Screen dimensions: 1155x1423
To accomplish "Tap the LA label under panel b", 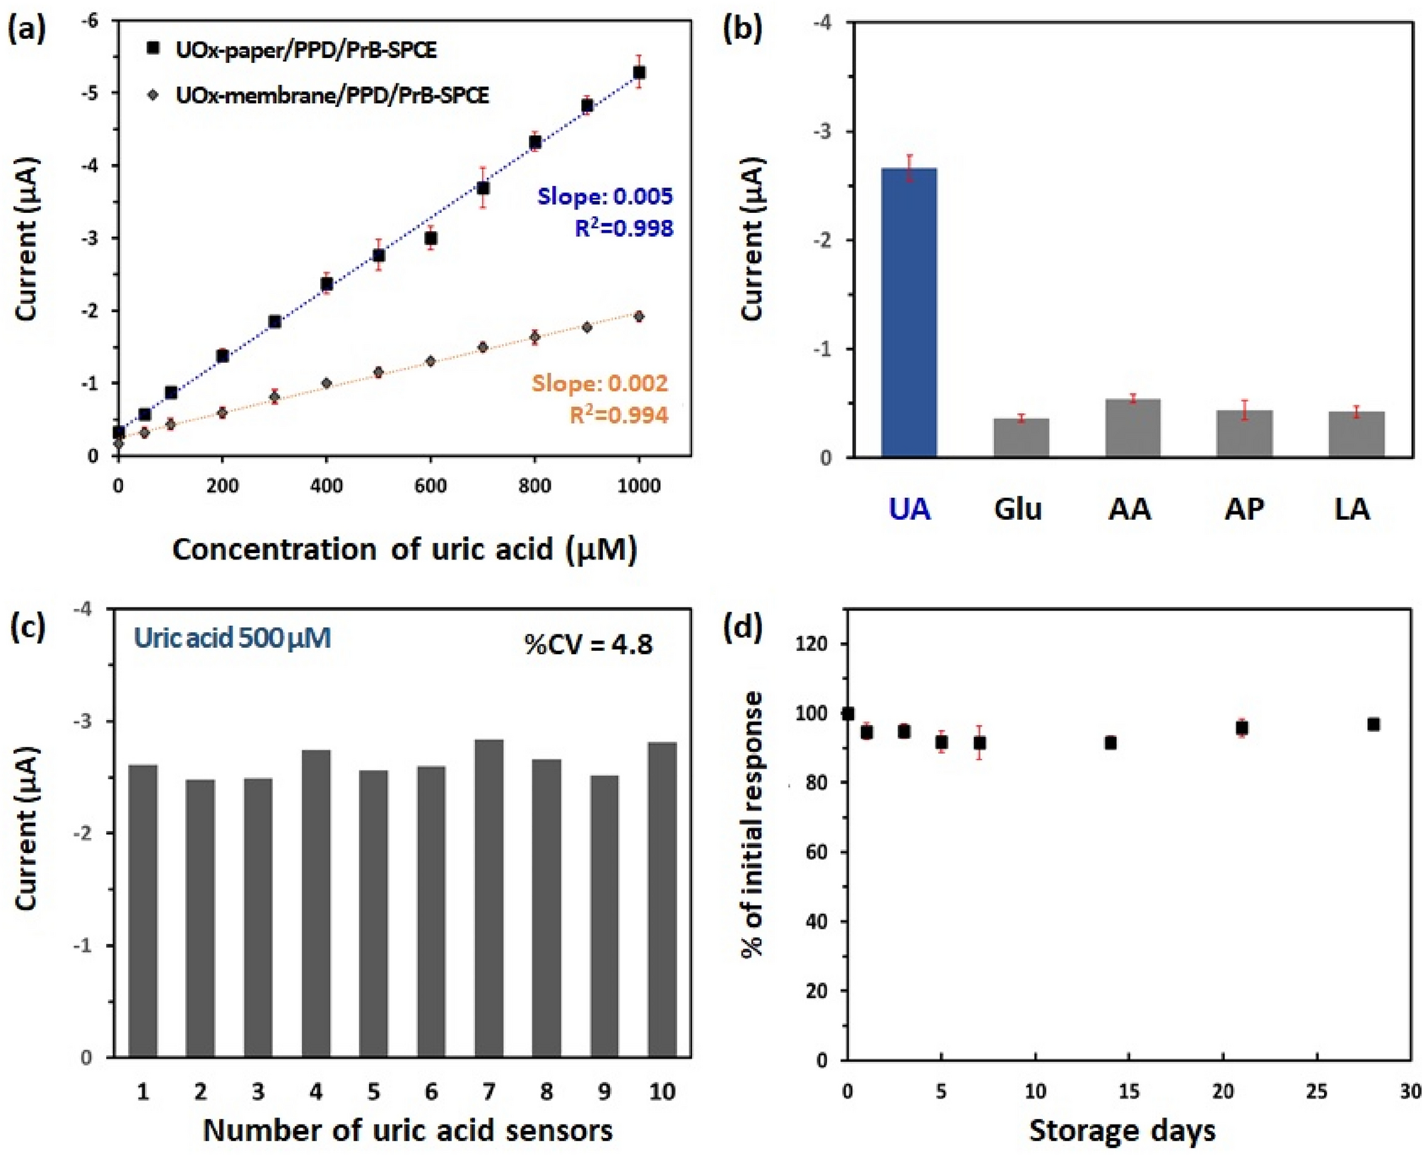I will point(1352,509).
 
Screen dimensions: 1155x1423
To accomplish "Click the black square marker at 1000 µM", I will point(639,73).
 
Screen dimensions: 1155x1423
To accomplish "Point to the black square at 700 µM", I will point(483,188).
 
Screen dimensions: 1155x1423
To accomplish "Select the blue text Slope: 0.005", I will point(604,196).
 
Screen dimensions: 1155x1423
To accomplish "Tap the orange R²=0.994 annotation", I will point(619,415).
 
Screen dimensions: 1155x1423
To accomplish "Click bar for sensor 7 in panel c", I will point(489,898).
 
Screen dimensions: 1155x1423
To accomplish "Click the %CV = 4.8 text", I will point(588,644).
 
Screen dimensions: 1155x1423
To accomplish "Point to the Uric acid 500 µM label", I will point(233,638).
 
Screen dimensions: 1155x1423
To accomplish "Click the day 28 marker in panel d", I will point(1374,724).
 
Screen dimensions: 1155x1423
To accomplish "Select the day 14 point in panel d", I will point(1111,743).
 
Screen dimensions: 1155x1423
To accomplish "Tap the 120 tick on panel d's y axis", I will point(814,644).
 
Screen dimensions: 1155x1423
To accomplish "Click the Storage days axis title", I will point(1122,1130).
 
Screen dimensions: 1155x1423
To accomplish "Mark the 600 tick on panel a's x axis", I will point(431,486).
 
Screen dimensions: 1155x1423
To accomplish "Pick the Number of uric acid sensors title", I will point(408,1130).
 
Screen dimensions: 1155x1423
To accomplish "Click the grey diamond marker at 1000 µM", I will point(639,316).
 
